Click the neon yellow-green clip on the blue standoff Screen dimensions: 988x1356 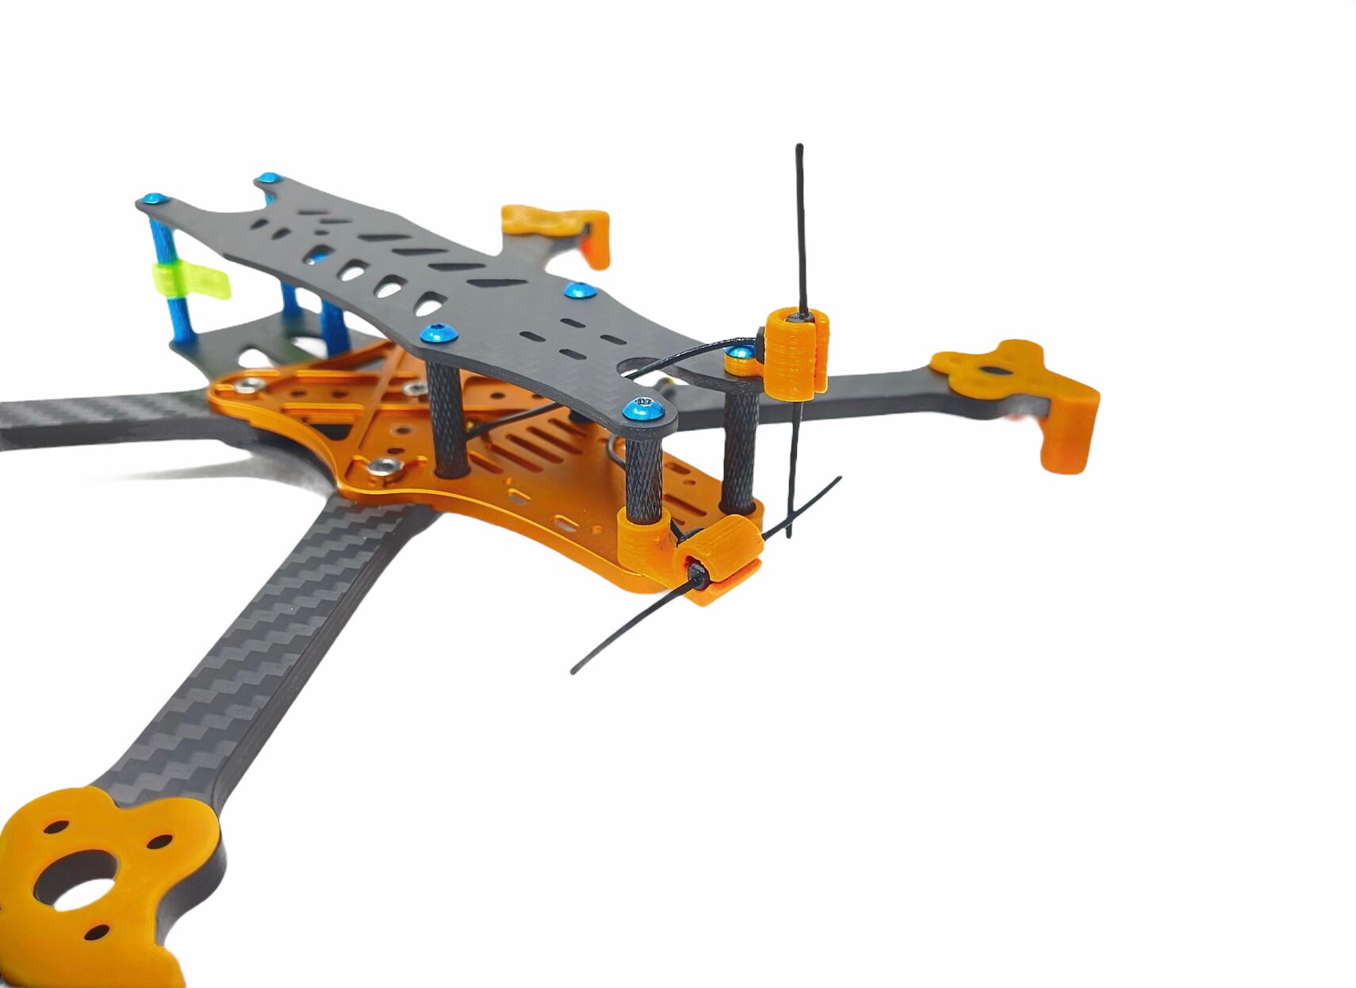point(191,281)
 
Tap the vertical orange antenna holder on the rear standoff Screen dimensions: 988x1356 point(796,354)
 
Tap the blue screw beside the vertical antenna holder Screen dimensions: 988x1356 point(742,354)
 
